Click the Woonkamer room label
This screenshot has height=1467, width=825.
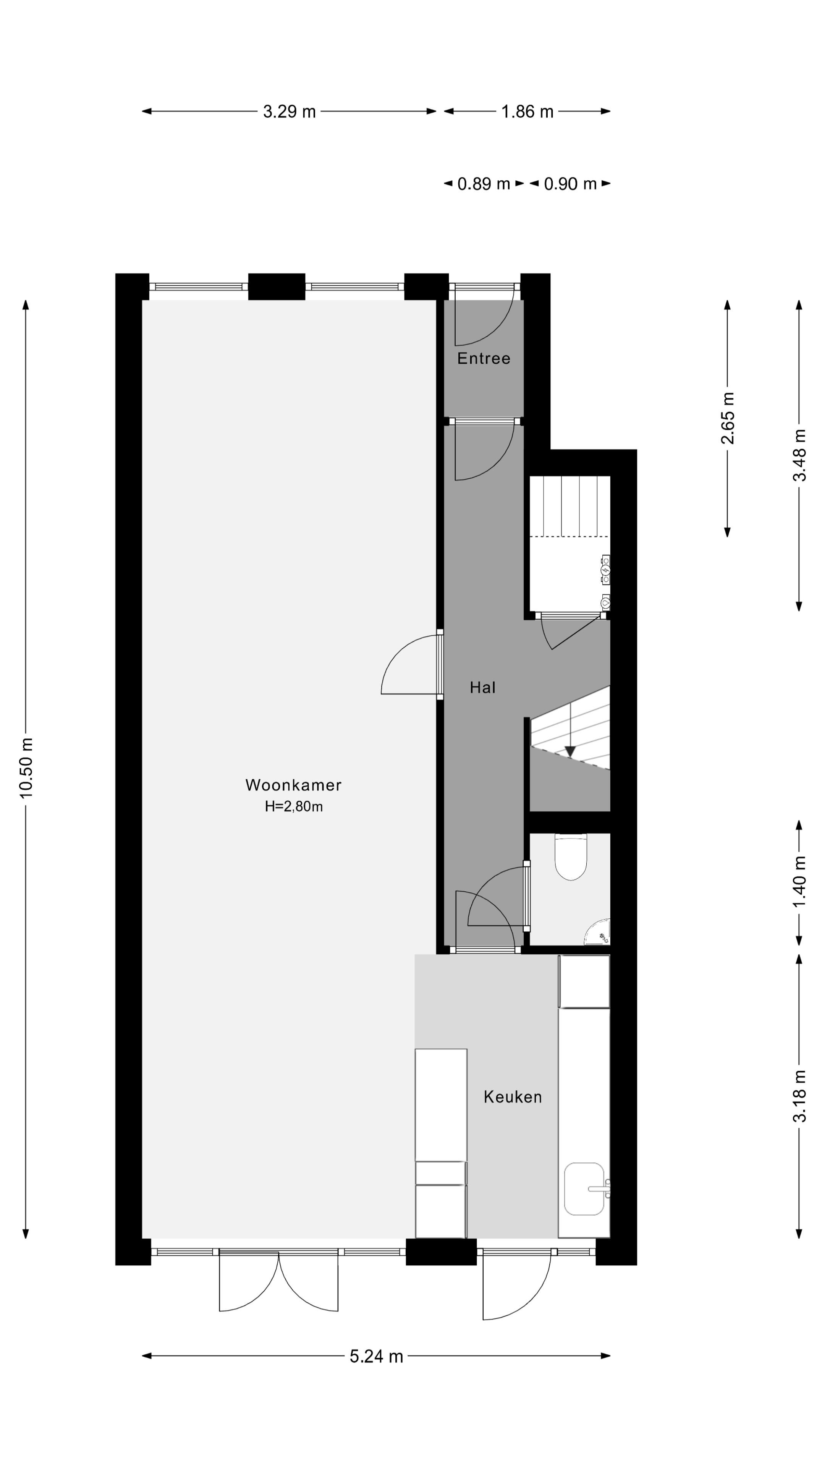point(293,785)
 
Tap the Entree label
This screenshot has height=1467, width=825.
point(484,358)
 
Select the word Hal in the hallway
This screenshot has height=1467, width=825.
point(482,687)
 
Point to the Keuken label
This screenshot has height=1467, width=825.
point(513,1097)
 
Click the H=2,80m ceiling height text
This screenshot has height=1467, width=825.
point(293,806)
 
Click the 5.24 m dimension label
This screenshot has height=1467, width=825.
point(376,1357)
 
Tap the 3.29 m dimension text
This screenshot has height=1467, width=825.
point(289,112)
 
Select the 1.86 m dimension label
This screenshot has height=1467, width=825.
point(527,112)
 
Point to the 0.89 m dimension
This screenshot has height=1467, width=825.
point(484,184)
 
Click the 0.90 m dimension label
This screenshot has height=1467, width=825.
point(570,184)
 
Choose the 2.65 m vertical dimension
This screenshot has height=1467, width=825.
point(728,418)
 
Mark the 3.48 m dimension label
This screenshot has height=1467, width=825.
point(799,455)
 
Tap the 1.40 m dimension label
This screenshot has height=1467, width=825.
point(799,882)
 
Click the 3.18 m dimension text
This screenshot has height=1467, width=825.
point(799,1096)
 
